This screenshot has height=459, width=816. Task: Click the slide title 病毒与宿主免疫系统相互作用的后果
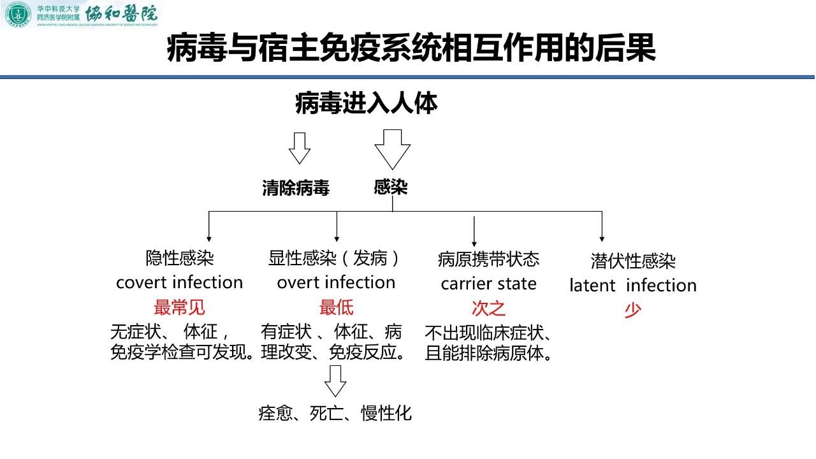(411, 49)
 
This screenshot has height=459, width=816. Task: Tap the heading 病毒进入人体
(366, 103)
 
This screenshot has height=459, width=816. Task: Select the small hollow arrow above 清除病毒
(299, 148)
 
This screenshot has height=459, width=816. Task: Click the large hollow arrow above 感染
(392, 149)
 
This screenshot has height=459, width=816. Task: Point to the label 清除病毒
(296, 188)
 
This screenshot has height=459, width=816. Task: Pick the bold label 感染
(391, 187)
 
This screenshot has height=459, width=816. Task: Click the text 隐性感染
(180, 258)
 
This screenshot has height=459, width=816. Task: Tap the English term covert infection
(179, 282)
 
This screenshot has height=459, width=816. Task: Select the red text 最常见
(179, 308)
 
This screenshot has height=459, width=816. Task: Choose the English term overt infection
(336, 282)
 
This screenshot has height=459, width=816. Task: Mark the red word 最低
(336, 308)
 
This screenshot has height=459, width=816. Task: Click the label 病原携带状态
(488, 259)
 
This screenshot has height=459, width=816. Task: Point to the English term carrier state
(488, 284)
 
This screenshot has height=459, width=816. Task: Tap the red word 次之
(488, 309)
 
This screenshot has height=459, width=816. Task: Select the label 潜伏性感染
(632, 261)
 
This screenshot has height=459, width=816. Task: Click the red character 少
(632, 310)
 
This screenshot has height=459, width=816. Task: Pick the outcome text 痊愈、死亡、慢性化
(335, 413)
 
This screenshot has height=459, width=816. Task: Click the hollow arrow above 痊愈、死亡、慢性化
(335, 381)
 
